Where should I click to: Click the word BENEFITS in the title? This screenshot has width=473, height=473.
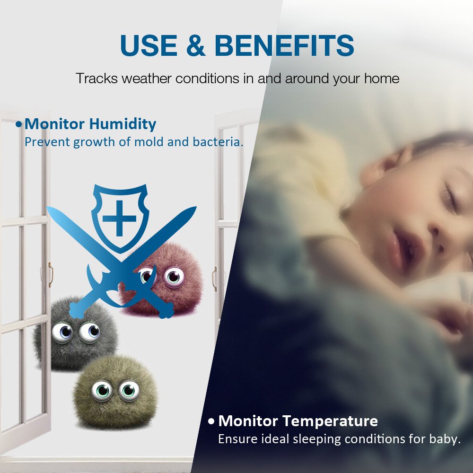click(284, 46)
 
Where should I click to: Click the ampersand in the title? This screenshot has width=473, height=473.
click(195, 46)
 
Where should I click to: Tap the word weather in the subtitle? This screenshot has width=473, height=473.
click(147, 78)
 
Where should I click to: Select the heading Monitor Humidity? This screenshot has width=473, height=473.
click(90, 124)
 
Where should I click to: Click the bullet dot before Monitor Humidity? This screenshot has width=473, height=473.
click(19, 124)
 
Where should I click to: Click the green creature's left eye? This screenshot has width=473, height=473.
click(102, 391)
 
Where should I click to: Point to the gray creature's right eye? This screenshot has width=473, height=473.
click(89, 332)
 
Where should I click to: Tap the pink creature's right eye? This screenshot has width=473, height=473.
click(174, 277)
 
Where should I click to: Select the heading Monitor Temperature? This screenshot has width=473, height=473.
click(298, 420)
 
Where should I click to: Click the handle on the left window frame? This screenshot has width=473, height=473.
click(50, 274)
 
